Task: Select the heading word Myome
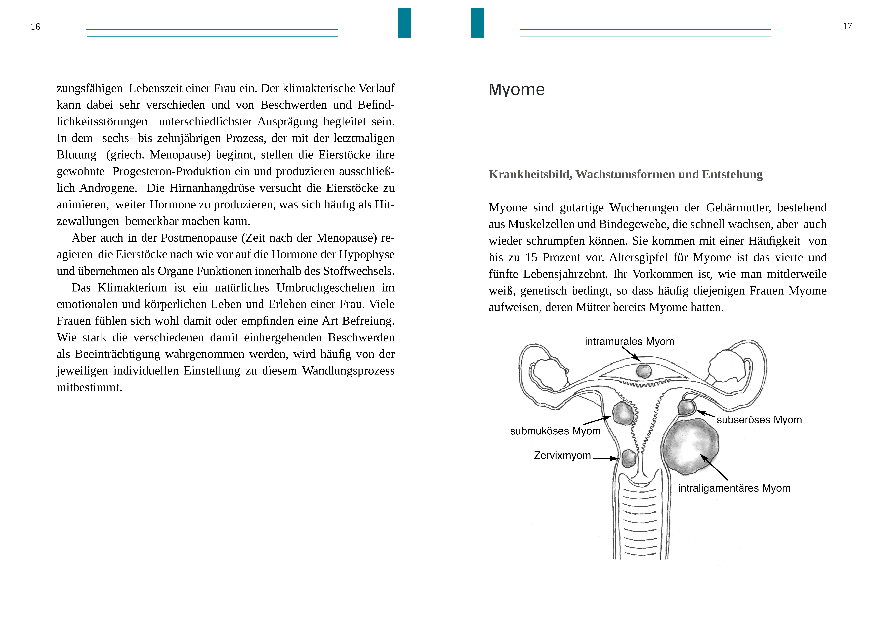click(x=516, y=90)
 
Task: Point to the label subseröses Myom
click(x=759, y=420)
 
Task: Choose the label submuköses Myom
click(x=555, y=431)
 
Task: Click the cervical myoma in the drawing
click(x=629, y=458)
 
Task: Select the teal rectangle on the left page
click(x=404, y=23)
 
